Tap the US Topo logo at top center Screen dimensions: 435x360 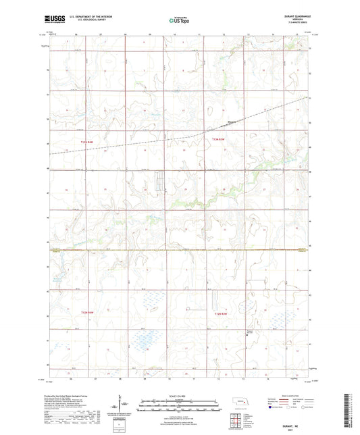[179, 21]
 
